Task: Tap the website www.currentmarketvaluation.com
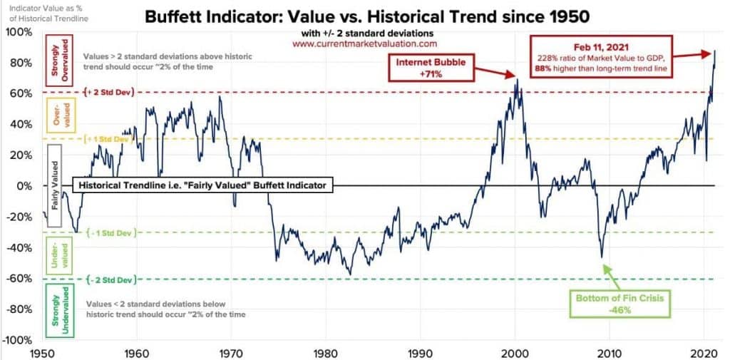[364, 43]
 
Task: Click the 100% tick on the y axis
[19, 32]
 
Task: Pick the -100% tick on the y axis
[18, 339]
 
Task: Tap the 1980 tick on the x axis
[325, 351]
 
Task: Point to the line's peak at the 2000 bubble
[516, 78]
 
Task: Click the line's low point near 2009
[602, 257]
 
